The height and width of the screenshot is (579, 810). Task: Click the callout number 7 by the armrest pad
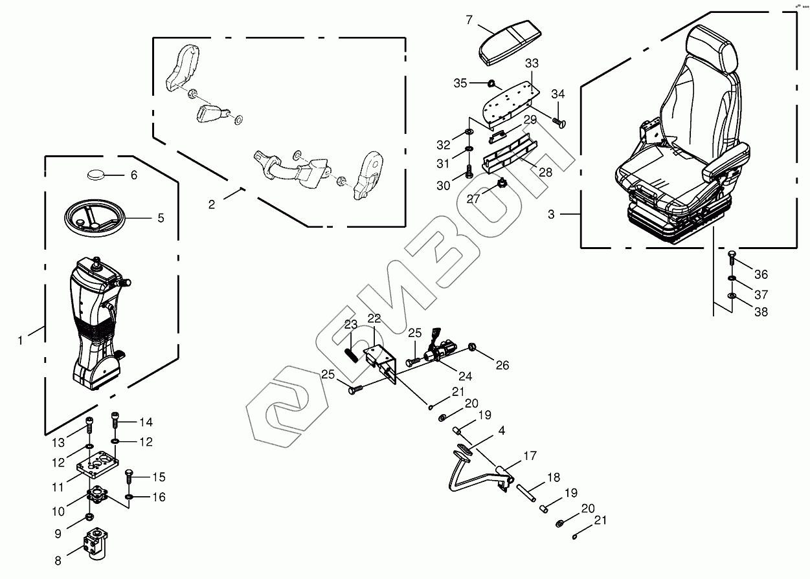click(x=469, y=19)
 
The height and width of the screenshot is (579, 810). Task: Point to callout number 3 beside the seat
click(x=551, y=214)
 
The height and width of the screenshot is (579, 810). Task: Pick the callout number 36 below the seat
click(x=761, y=274)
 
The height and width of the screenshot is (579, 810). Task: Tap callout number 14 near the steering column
click(x=146, y=422)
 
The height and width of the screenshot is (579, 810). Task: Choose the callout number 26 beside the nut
click(x=502, y=365)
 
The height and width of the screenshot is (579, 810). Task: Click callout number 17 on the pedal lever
click(x=530, y=456)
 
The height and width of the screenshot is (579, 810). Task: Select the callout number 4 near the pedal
click(x=501, y=430)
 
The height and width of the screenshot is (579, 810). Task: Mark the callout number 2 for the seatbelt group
click(x=212, y=204)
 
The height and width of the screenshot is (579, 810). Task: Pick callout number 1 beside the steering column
click(x=20, y=340)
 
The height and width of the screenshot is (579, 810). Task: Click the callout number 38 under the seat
click(x=761, y=312)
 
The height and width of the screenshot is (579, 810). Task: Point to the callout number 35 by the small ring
click(x=460, y=83)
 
